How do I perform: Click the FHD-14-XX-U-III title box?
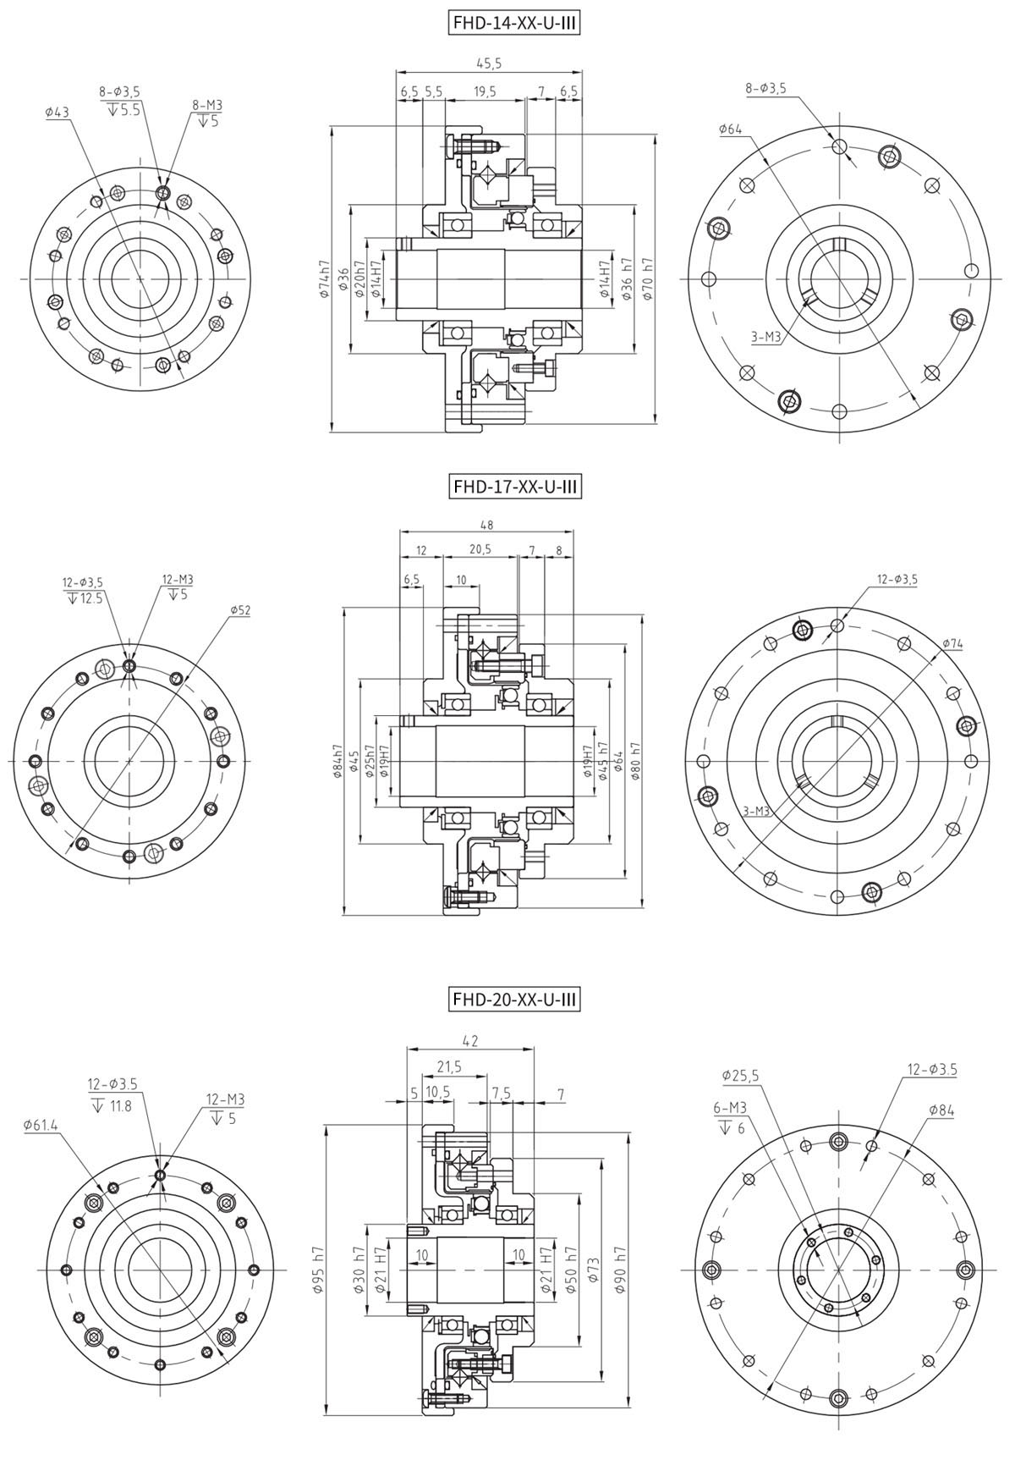[515, 24]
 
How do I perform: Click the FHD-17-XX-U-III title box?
[515, 487]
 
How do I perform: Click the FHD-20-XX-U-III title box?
[515, 1000]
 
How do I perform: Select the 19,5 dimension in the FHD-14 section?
[485, 91]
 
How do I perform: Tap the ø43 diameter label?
[57, 112]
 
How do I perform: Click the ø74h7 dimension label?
[323, 279]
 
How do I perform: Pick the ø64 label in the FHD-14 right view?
[731, 129]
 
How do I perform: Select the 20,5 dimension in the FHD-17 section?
[479, 550]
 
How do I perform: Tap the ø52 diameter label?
[239, 609]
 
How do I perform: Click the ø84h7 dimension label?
[337, 762]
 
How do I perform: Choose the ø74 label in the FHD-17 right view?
[952, 644]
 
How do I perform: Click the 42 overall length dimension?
[470, 1041]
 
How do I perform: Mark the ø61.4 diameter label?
[41, 1125]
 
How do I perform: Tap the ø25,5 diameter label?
[741, 1076]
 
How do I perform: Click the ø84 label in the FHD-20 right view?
[941, 1110]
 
